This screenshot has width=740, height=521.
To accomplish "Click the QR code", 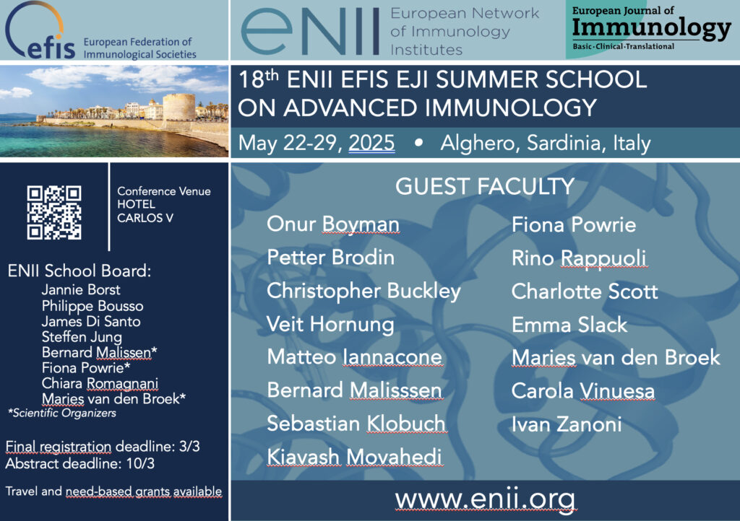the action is click(x=54, y=212).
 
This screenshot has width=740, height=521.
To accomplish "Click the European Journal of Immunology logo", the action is click(x=651, y=28).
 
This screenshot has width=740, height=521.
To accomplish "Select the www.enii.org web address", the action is click(x=485, y=499).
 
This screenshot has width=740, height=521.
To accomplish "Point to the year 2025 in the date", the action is click(x=371, y=143).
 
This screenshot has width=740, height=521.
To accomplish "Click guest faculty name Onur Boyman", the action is click(x=333, y=224).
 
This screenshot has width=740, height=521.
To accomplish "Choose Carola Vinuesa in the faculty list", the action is click(x=583, y=391).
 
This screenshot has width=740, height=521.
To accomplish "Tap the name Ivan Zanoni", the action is click(x=567, y=424).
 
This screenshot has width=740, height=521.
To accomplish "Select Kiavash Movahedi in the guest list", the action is click(x=354, y=457).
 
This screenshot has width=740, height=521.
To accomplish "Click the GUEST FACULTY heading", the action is click(x=485, y=186).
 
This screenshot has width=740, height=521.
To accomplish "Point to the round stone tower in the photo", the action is click(x=179, y=108).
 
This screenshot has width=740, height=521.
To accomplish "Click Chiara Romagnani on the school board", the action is click(x=100, y=383).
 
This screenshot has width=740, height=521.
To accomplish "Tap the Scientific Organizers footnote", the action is click(x=62, y=413).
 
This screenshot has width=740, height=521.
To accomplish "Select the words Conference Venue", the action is click(x=164, y=191).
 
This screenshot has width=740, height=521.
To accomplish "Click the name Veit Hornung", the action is click(x=330, y=325).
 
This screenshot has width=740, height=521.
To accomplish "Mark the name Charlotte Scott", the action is click(x=584, y=292).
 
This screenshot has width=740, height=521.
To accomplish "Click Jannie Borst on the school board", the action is click(x=81, y=289).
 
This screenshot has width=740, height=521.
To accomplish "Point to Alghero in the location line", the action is click(x=480, y=143).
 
